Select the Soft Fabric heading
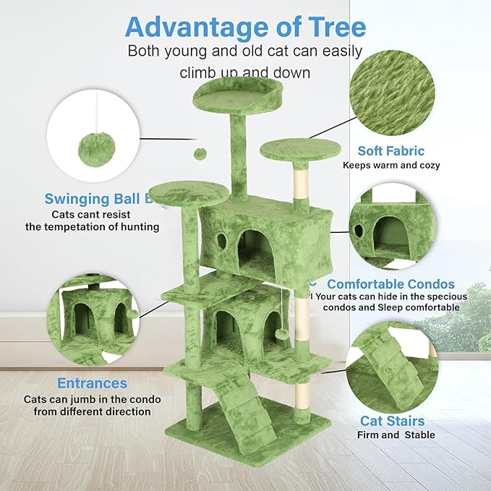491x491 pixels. (391, 151)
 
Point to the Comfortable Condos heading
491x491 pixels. (390, 283)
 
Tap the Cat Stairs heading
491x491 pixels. (393, 420)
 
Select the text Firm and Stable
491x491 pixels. (396, 435)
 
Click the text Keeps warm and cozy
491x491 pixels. (391, 165)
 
